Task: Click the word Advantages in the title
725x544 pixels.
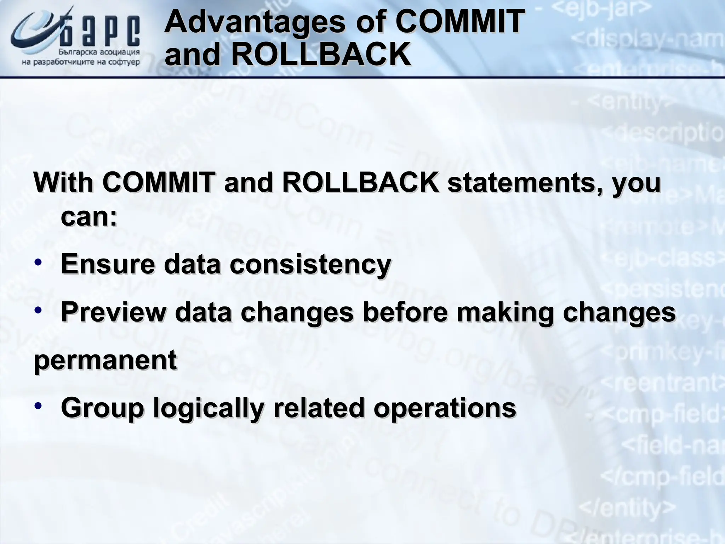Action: [254, 22]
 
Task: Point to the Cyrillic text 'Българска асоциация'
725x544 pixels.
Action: [99, 52]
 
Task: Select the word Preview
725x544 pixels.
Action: [113, 312]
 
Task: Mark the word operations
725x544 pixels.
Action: [445, 408]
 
